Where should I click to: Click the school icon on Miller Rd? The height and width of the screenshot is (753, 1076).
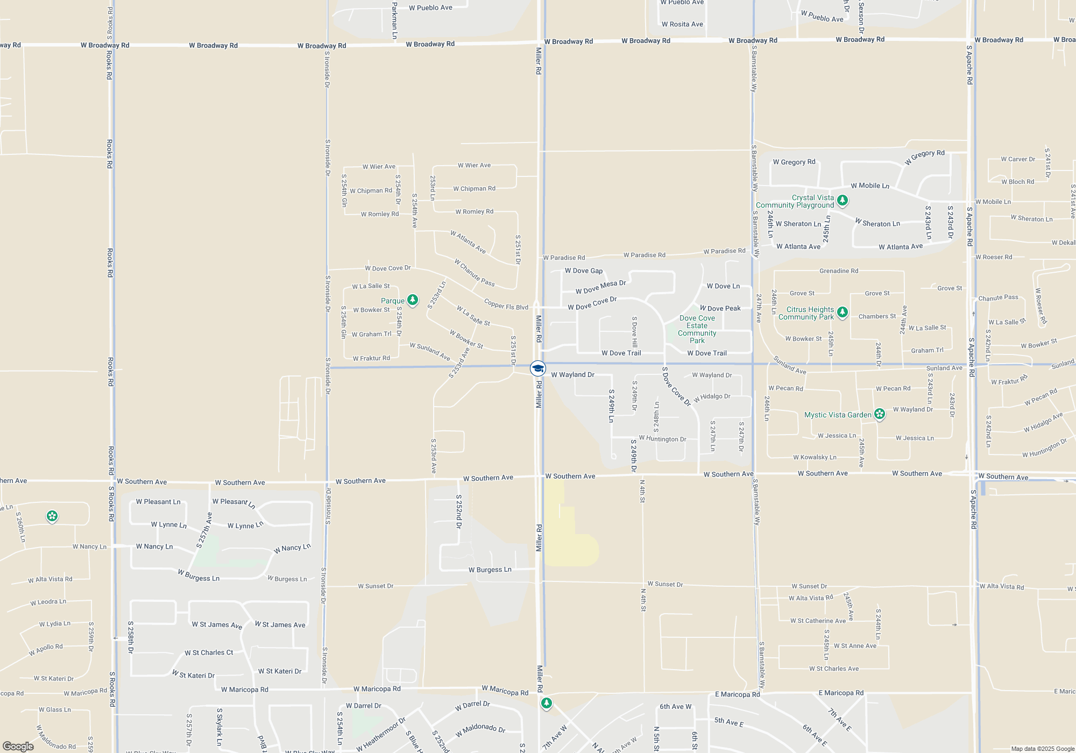(x=537, y=368)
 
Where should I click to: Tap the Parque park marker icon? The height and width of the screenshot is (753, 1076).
(x=413, y=300)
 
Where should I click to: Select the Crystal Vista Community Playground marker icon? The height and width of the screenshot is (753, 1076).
(x=843, y=201)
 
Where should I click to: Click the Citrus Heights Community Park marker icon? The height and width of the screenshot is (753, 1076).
(x=843, y=312)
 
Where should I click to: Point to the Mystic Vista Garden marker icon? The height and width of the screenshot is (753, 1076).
(x=880, y=414)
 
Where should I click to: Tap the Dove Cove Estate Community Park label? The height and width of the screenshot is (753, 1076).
(x=697, y=329)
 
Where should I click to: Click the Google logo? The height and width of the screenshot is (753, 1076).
(x=18, y=746)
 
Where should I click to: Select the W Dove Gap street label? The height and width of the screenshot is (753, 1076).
(x=584, y=271)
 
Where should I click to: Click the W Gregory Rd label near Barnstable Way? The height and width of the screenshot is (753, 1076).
(x=794, y=162)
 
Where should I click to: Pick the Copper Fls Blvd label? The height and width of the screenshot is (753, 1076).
(x=506, y=304)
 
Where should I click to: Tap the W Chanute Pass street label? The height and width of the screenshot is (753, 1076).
(x=474, y=273)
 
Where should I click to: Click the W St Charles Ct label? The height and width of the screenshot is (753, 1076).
(x=209, y=652)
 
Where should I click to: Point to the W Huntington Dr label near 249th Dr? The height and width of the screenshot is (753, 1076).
(x=662, y=439)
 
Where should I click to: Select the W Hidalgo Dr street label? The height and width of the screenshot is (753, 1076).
(x=712, y=397)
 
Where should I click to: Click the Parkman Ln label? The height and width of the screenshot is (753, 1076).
(x=394, y=20)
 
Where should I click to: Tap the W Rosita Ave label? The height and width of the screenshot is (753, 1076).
(x=682, y=24)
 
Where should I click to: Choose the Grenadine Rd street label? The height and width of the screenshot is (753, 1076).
(x=839, y=271)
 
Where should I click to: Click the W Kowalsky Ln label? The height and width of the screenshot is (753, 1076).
(x=815, y=457)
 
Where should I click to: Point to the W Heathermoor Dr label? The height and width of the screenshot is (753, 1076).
(x=381, y=734)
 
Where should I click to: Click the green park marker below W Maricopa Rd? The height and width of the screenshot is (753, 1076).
(x=547, y=703)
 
